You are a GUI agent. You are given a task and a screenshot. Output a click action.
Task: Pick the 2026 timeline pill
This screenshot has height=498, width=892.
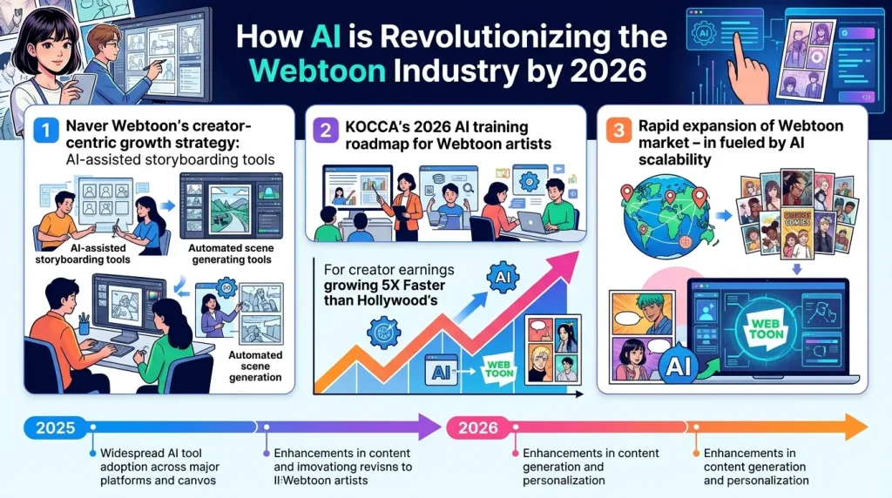(478, 427)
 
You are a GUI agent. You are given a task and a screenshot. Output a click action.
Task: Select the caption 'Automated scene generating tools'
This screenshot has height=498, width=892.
(231, 252)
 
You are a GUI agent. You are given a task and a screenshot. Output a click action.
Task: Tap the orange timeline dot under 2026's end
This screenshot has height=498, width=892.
(694, 454)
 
